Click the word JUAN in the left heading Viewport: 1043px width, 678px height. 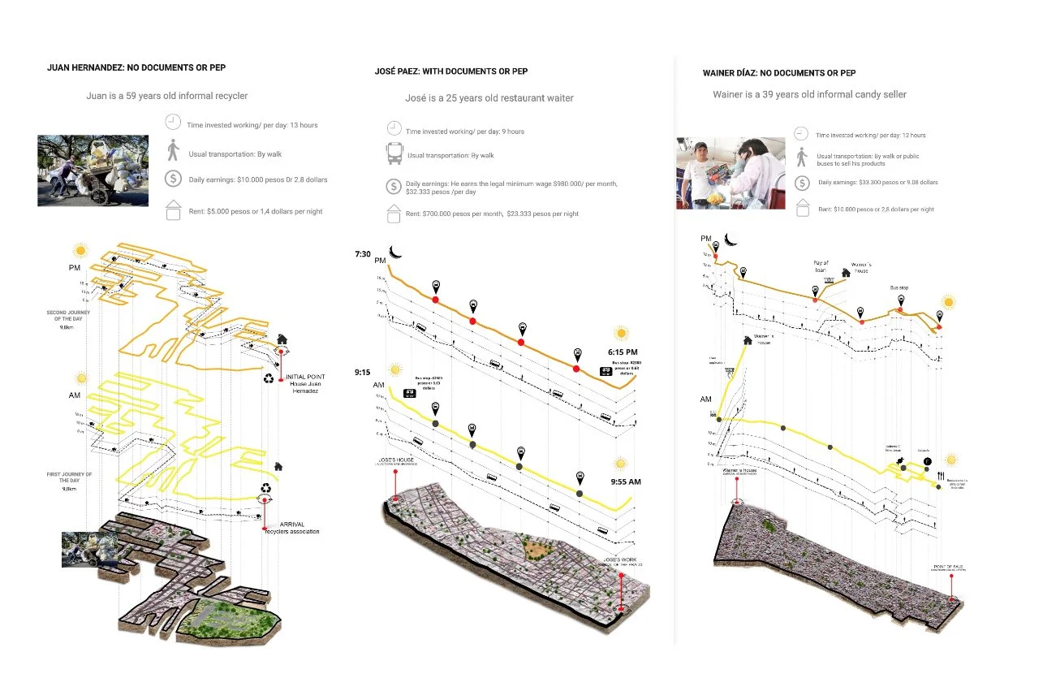point(62,68)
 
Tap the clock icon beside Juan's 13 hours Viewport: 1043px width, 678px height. point(172,123)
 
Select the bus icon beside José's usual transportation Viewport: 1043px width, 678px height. point(394,154)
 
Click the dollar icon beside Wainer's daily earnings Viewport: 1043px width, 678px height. point(802,183)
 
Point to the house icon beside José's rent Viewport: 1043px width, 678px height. point(394,214)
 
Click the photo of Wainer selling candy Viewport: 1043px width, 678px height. point(730,174)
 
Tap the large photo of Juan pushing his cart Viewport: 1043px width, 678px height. point(93,171)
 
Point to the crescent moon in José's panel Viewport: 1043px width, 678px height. point(395,252)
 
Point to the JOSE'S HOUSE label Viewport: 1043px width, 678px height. point(394,460)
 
